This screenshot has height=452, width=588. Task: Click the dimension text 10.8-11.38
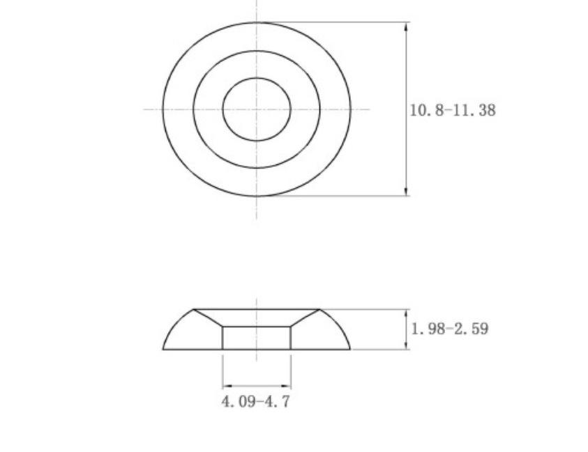(453, 110)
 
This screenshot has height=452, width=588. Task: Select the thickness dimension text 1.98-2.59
(450, 329)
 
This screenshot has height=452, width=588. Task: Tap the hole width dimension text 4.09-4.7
(255, 402)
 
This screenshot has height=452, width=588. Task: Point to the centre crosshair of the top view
(257, 109)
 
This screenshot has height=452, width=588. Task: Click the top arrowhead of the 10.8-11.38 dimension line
(407, 26)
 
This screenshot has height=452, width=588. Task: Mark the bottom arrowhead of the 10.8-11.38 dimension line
(407, 192)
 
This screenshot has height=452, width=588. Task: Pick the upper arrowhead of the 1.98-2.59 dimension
(407, 313)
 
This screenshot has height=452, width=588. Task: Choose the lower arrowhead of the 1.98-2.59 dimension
(407, 345)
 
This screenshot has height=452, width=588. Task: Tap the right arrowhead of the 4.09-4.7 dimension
(287, 386)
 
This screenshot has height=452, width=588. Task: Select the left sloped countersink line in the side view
(208, 318)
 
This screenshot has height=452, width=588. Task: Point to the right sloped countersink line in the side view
(306, 318)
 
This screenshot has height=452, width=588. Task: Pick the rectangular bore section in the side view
(257, 338)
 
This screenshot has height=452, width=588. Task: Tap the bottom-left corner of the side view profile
(163, 349)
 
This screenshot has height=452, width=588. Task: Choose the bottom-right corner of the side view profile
(350, 349)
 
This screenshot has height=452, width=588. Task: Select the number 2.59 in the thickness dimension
(472, 329)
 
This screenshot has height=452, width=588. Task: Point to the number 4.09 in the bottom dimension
(238, 402)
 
